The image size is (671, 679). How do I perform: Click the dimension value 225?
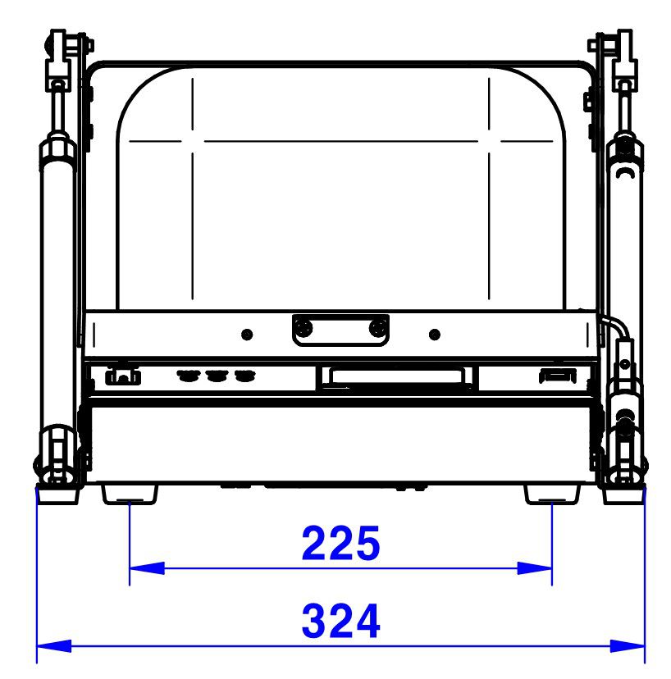pos(340,543)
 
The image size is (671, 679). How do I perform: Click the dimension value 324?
pos(340,621)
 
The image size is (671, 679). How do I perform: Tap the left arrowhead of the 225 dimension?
pos(148,568)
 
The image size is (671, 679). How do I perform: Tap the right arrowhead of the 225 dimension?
pos(535,568)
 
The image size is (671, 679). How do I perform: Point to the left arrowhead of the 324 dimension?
pos(54,646)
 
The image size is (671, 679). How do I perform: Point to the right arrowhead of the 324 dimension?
pos(628,646)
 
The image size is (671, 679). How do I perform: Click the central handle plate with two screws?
pos(340,330)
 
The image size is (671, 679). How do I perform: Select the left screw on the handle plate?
pos(303,327)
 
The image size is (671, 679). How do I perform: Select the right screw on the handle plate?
pos(378,327)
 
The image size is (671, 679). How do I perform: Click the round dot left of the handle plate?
pos(247,335)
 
